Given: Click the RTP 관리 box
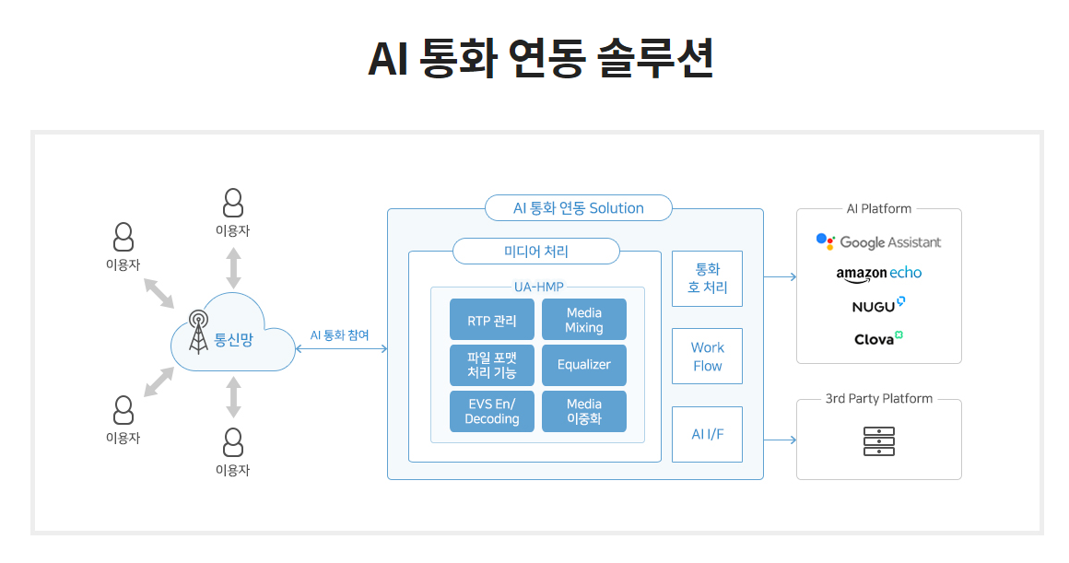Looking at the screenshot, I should (492, 320).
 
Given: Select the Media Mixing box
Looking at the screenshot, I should (584, 320).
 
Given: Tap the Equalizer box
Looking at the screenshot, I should (584, 365).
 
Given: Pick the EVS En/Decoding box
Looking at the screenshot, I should (492, 411).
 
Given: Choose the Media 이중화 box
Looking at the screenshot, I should (584, 411).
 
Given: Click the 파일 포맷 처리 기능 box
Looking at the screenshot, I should (492, 365).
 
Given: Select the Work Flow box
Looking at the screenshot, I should (707, 356).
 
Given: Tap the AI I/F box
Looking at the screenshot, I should (707, 434).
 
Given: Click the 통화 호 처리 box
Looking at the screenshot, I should (707, 278).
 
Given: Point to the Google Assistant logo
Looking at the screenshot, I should (878, 241).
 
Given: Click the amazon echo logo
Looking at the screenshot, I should (878, 273).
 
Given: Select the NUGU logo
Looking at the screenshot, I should (878, 305).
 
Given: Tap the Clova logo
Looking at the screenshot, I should (878, 338).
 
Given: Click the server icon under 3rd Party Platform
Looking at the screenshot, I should (878, 441).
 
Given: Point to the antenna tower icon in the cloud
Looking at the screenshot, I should (198, 332).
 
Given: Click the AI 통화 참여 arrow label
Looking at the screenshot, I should (339, 335).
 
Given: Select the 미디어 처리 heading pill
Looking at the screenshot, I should (536, 251).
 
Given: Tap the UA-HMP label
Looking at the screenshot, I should (538, 287).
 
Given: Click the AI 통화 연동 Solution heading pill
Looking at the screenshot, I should (578, 208).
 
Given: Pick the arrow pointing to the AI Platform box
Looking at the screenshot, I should (780, 276).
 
